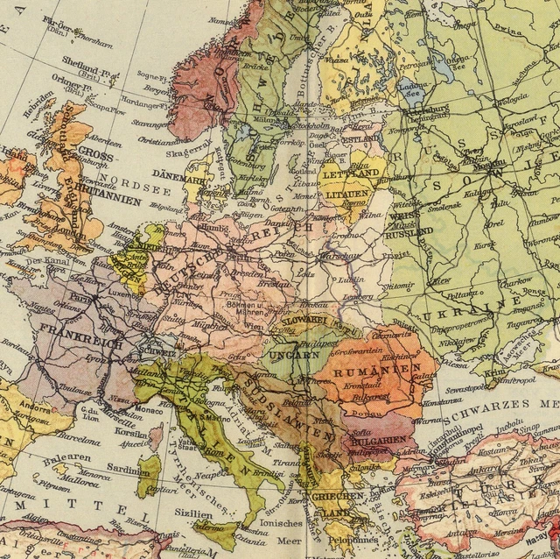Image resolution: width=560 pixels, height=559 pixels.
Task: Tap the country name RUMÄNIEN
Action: click(376, 371)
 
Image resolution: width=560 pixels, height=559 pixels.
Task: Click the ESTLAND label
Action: click(359, 138)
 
